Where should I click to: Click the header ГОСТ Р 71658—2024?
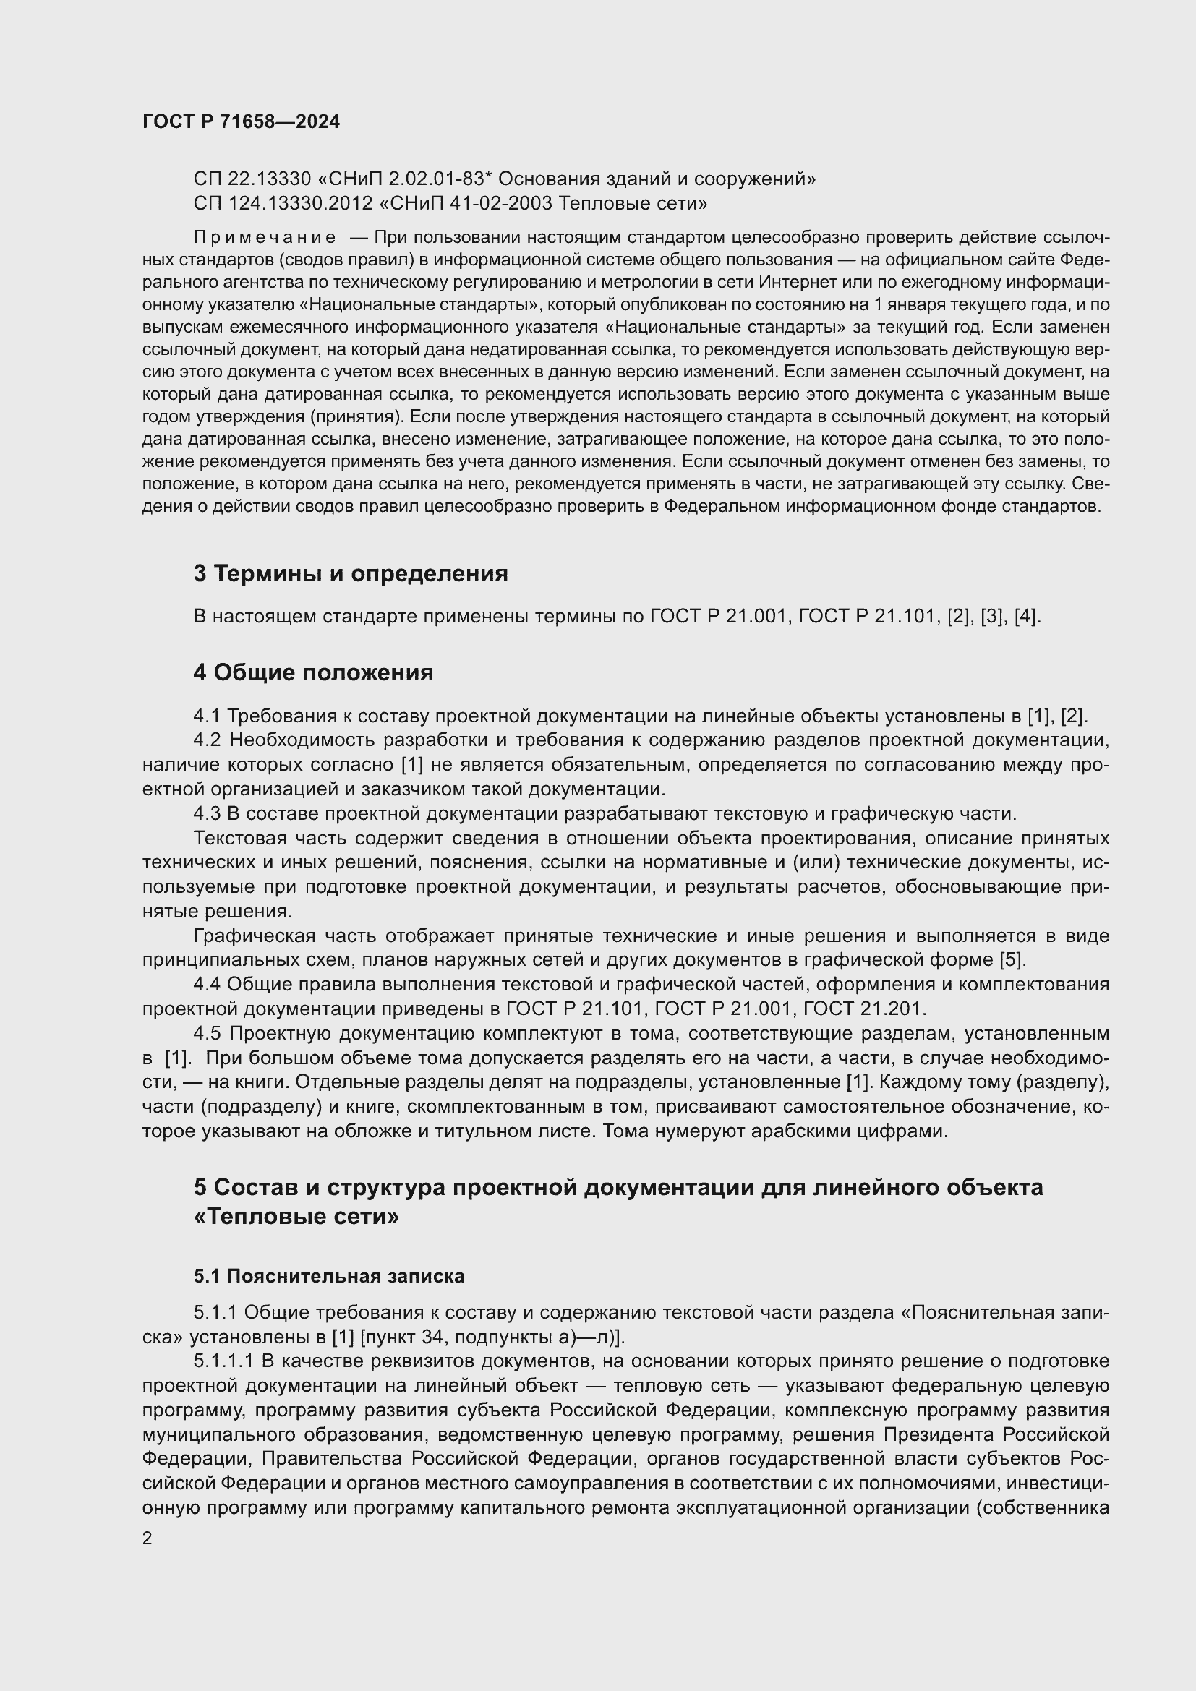coord(241,122)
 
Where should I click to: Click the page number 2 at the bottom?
coord(148,1537)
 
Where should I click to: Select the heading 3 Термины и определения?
coord(351,573)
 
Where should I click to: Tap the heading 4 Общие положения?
coord(313,672)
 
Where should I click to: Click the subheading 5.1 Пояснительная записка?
coord(328,1275)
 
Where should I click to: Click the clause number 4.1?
coord(207,715)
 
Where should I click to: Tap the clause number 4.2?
coord(207,740)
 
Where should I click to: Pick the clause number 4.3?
coord(207,813)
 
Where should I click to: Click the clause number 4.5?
coord(207,1033)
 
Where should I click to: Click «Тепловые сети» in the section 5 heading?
coord(296,1216)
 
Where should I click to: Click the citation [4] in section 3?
coord(1025,617)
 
